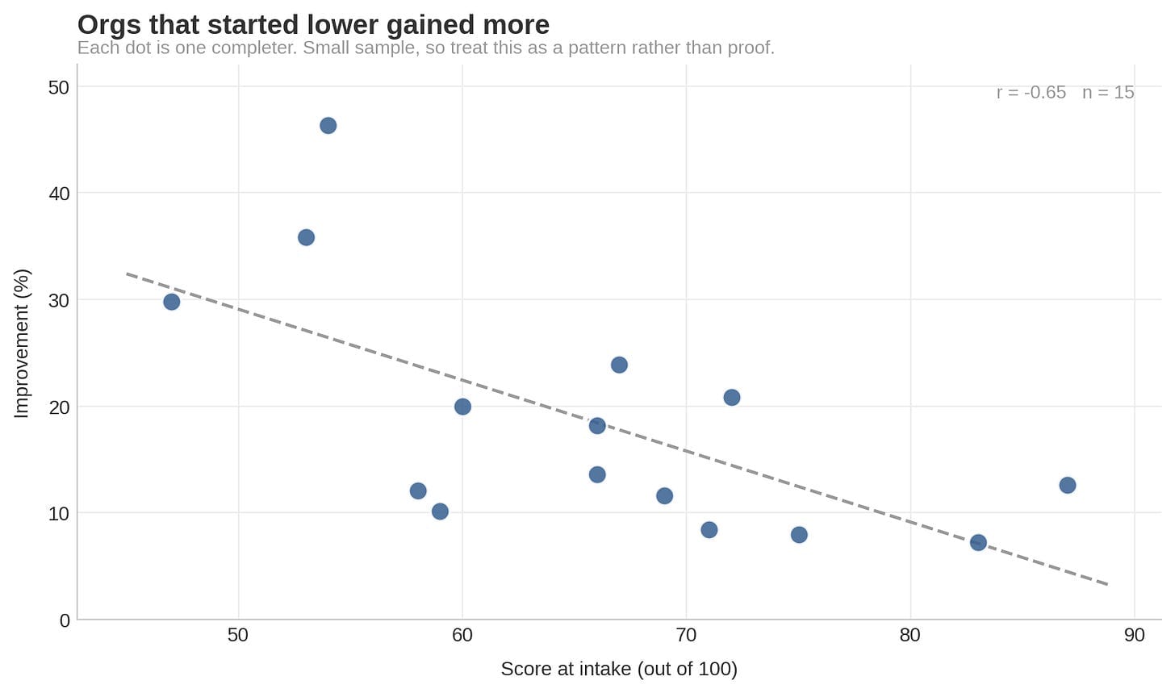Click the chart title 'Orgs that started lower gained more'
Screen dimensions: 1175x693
[313, 25]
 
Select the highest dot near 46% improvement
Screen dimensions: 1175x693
[328, 126]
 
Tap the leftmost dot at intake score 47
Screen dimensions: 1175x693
[172, 302]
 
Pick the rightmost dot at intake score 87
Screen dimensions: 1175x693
[1068, 486]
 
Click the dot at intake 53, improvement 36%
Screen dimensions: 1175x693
[306, 237]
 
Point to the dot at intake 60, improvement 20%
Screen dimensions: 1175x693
[462, 407]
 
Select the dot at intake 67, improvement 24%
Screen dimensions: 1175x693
[619, 365]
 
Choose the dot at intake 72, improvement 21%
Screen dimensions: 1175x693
[732, 398]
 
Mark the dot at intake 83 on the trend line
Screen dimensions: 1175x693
[978, 543]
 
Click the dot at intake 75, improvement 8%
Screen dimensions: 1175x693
[799, 535]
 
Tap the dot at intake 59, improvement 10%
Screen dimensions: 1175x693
[440, 511]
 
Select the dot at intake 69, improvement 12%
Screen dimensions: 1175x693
[665, 496]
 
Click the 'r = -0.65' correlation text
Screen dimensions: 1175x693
[1031, 93]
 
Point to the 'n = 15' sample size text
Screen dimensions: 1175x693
[1108, 93]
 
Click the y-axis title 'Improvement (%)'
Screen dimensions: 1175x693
[22, 344]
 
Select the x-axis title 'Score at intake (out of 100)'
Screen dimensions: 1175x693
[619, 670]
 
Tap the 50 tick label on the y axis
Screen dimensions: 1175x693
[59, 88]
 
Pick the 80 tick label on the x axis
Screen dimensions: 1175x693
[910, 636]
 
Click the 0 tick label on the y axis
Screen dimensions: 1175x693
[65, 620]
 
